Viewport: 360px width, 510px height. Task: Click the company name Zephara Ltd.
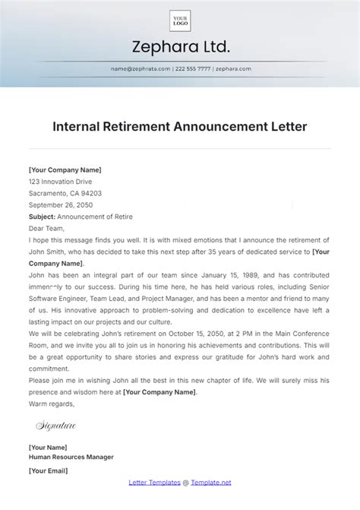click(180, 48)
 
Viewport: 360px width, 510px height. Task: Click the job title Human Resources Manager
click(71, 458)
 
